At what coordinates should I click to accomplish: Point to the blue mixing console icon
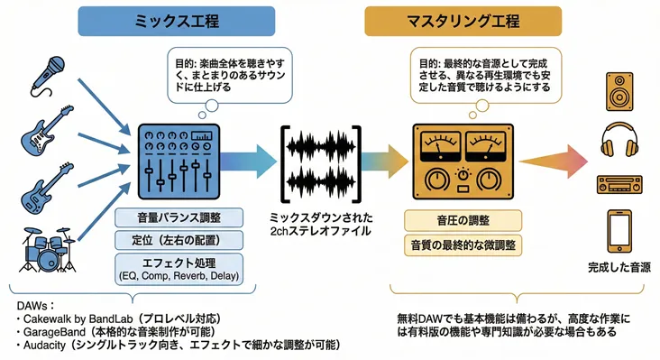click(179, 164)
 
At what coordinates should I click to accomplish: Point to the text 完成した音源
click(619, 267)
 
